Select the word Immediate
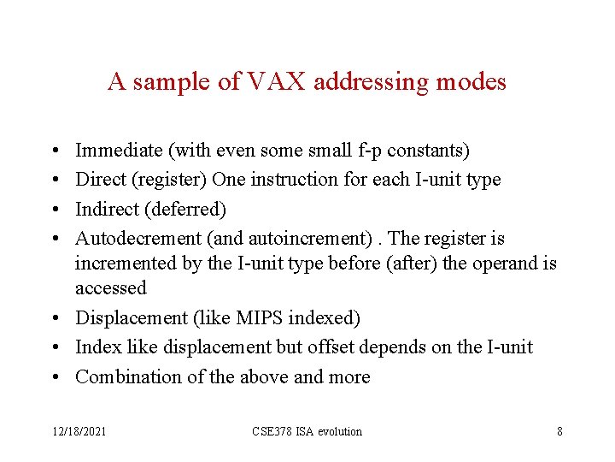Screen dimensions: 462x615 119,151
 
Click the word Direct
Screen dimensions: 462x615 99,180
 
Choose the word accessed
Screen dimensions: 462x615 111,287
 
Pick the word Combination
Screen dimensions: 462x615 124,377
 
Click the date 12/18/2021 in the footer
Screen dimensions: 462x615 77,431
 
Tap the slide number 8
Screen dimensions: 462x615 559,431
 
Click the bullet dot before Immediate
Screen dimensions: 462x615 54,151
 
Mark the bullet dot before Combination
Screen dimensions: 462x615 54,377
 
